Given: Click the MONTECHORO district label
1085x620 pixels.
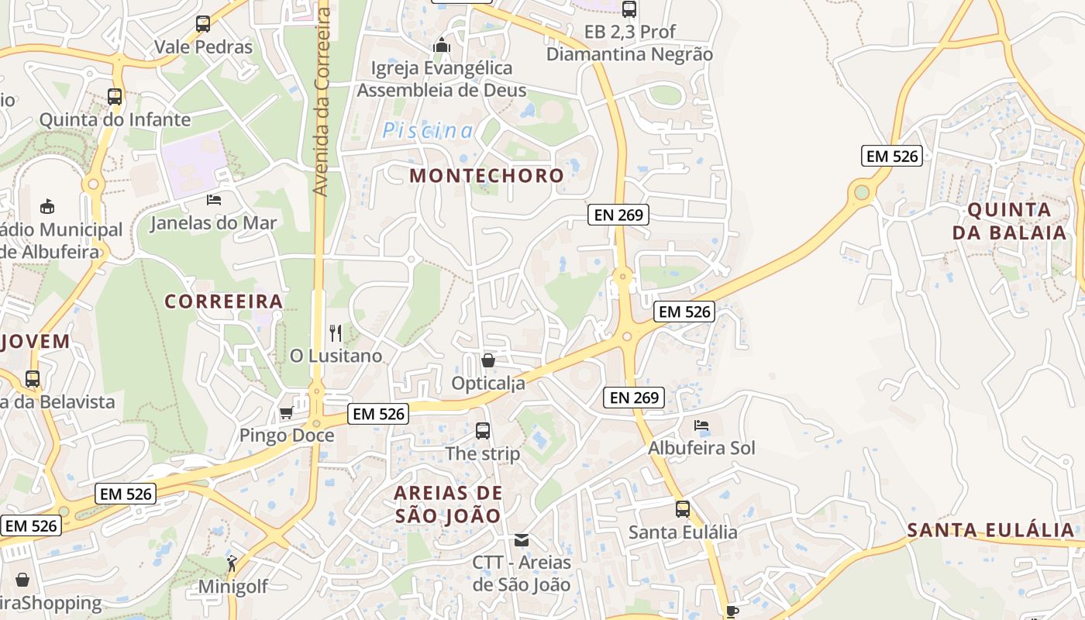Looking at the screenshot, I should pyautogui.click(x=487, y=175).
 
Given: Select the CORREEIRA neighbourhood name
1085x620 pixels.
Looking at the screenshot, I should pyautogui.click(x=224, y=301).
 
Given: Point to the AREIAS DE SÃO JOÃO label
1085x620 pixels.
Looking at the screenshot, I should pyautogui.click(x=448, y=504).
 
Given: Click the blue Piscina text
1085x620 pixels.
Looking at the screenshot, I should pyautogui.click(x=427, y=131).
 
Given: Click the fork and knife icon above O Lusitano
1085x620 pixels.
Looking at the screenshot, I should pyautogui.click(x=336, y=333).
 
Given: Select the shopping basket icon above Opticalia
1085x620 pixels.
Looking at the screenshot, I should pyautogui.click(x=487, y=360).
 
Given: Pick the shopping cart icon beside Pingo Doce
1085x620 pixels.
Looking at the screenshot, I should pyautogui.click(x=286, y=413).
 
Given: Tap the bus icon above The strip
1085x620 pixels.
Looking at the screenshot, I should pyautogui.click(x=482, y=431).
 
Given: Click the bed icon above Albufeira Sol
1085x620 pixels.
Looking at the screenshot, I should pyautogui.click(x=701, y=425).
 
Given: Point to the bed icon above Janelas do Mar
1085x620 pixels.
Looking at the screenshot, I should pyautogui.click(x=214, y=200).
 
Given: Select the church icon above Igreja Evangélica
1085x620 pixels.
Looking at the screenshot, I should pyautogui.click(x=442, y=46).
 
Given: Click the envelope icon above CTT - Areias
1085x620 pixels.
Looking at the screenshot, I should pyautogui.click(x=522, y=540).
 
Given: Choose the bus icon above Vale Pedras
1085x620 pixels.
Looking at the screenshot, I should pyautogui.click(x=203, y=24).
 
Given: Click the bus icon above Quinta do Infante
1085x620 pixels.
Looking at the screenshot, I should pyautogui.click(x=115, y=97).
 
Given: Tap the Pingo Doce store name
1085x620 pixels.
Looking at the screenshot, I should pyautogui.click(x=287, y=436).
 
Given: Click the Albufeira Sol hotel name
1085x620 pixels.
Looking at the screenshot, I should pyautogui.click(x=701, y=448).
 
